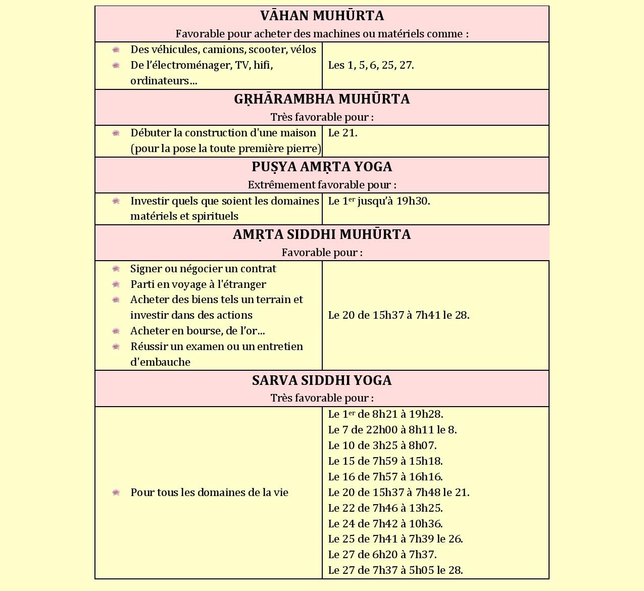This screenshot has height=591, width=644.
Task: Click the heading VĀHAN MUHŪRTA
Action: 322,16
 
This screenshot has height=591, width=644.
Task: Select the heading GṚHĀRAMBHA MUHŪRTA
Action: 322,99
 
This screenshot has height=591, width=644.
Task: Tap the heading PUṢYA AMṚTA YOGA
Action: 322,167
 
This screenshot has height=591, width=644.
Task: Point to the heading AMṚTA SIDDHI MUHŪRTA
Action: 322,234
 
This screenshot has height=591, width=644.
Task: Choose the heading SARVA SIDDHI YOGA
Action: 322,380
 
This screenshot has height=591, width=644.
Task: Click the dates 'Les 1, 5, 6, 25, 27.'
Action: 371,65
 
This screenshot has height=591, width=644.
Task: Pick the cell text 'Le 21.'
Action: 342,133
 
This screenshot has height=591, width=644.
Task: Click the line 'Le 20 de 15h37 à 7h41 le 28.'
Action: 399,315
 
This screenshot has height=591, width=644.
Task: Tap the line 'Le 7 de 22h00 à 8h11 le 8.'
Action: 392,430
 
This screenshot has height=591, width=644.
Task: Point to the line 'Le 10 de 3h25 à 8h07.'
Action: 382,446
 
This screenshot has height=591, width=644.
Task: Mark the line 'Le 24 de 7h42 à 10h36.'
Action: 385,524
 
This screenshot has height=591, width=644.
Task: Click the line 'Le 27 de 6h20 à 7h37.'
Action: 382,555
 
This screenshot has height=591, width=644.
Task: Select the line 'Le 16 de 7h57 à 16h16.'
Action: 385,477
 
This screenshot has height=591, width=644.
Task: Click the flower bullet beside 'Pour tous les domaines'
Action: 116,492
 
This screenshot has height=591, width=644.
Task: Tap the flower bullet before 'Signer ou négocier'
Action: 116,269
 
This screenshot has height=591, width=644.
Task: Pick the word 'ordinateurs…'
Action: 164,81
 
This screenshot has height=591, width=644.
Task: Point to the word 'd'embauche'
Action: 160,362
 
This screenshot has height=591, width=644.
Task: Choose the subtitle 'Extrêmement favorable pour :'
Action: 322,185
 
